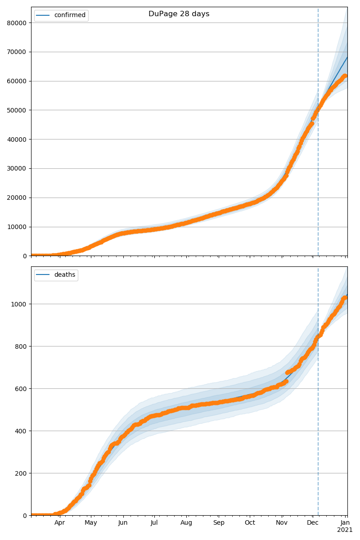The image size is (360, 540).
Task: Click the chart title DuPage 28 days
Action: pyautogui.click(x=179, y=14)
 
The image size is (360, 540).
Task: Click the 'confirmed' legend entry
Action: pyautogui.click(x=69, y=15)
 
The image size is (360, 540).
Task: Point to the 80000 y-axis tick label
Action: pyautogui.click(x=18, y=22)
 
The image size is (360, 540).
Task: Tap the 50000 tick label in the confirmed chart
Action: pyautogui.click(x=18, y=110)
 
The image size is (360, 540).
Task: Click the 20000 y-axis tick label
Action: pyautogui.click(x=18, y=198)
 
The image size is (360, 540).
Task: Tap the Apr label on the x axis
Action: pyautogui.click(x=60, y=523)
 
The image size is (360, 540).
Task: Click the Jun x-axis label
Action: pyautogui.click(x=123, y=523)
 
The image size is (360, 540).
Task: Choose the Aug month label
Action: pyautogui.click(x=186, y=523)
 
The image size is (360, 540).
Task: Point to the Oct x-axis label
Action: pyautogui.click(x=250, y=523)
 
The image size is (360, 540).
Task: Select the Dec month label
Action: pyautogui.click(x=313, y=523)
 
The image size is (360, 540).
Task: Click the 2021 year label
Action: pyautogui.click(x=345, y=530)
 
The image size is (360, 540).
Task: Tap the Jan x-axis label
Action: pyautogui.click(x=345, y=523)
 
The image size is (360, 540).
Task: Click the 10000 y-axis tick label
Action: pyautogui.click(x=18, y=227)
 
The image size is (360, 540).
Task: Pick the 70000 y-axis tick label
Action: pyautogui.click(x=18, y=52)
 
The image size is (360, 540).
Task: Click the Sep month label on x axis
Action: pyautogui.click(x=218, y=523)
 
